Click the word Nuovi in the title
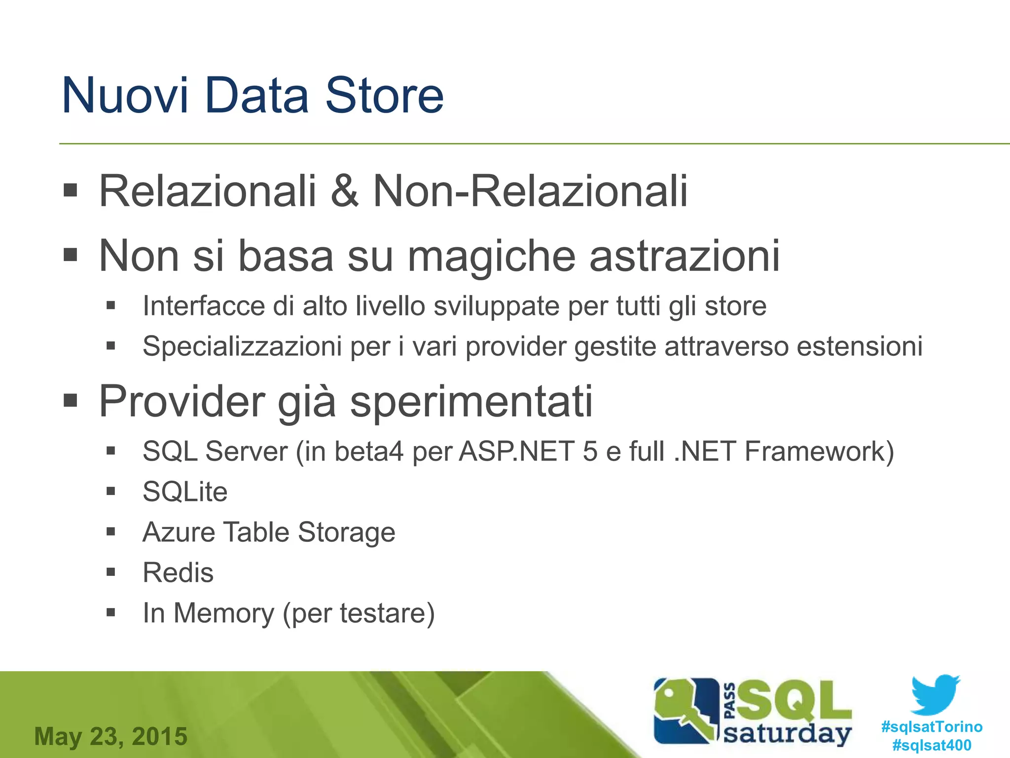pos(125,95)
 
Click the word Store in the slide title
pos(384,95)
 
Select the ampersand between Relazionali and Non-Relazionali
pos(344,191)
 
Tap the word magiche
pos(491,257)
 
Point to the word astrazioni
pos(685,257)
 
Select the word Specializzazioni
pos(242,346)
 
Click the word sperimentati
pos(471,401)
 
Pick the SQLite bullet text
pos(185,492)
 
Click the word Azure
pos(179,532)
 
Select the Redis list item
pos(178,573)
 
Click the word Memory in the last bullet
pos(223,613)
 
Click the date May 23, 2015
pos(111,736)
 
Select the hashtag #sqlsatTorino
pos(932,727)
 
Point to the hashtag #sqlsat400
pos(932,745)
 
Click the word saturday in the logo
pos(788,734)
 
